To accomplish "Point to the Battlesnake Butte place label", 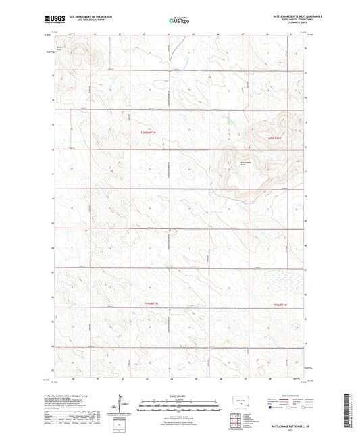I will click(247, 164).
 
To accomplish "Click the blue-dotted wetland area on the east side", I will click(282, 278).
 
